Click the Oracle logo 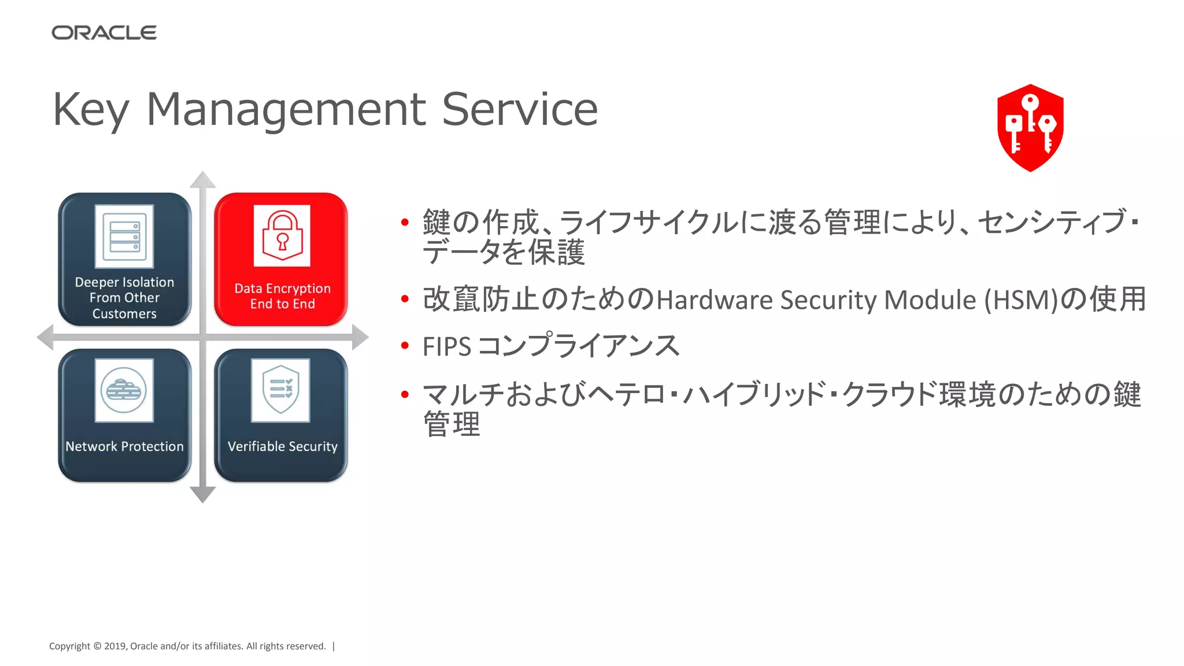104,33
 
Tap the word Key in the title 91,110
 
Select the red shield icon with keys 1030,128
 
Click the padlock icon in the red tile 282,236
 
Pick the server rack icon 124,236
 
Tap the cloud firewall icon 124,390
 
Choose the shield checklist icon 281,390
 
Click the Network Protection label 124,446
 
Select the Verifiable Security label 282,446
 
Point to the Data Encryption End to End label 282,296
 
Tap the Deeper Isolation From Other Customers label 124,298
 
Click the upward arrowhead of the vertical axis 202,179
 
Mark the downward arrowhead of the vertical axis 202,495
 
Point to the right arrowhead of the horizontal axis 360,337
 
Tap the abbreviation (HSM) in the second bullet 1020,300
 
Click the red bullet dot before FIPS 405,346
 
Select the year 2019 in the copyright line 115,646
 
